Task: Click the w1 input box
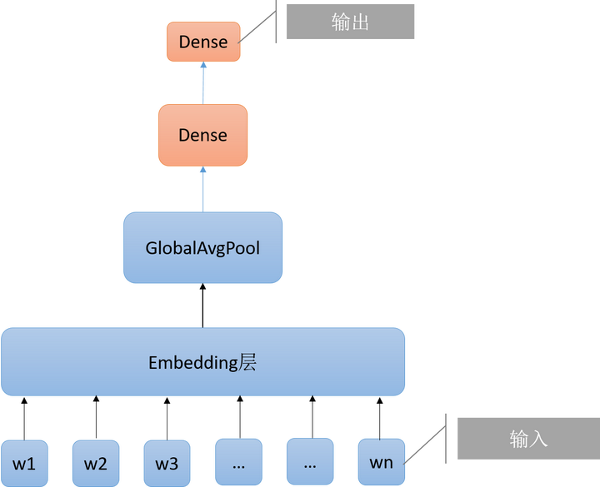pyautogui.click(x=24, y=464)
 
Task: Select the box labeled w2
pyautogui.click(x=96, y=464)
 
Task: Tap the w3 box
pyautogui.click(x=167, y=464)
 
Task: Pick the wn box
pyautogui.click(x=382, y=462)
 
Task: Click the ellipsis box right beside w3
pyautogui.click(x=239, y=462)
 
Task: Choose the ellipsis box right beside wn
pyautogui.click(x=310, y=461)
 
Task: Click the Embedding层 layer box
pyautogui.click(x=202, y=361)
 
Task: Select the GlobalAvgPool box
pyautogui.click(x=202, y=248)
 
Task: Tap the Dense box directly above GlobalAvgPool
pyautogui.click(x=202, y=135)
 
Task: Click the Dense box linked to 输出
pyautogui.click(x=203, y=42)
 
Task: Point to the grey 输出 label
pyautogui.click(x=351, y=22)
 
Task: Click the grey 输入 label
pyautogui.click(x=529, y=439)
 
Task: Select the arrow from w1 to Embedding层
pyautogui.click(x=24, y=419)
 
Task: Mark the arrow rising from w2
pyautogui.click(x=96, y=417)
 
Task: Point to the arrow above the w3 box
pyautogui.click(x=167, y=419)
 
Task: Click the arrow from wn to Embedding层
pyautogui.click(x=380, y=418)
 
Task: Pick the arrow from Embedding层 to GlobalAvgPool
pyautogui.click(x=202, y=306)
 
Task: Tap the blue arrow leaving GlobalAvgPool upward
pyautogui.click(x=202, y=189)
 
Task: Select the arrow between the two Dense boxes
pyautogui.click(x=203, y=83)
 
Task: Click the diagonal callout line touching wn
pyautogui.click(x=425, y=445)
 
